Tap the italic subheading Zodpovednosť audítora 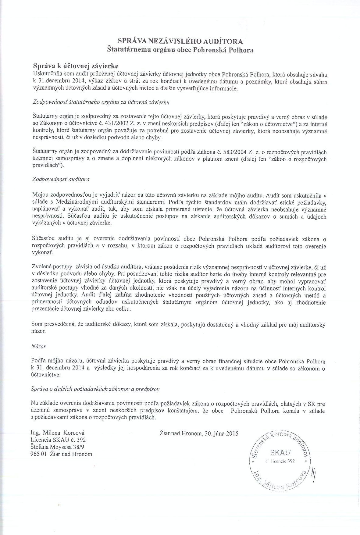click(61, 179)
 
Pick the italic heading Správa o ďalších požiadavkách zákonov click(95, 389)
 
